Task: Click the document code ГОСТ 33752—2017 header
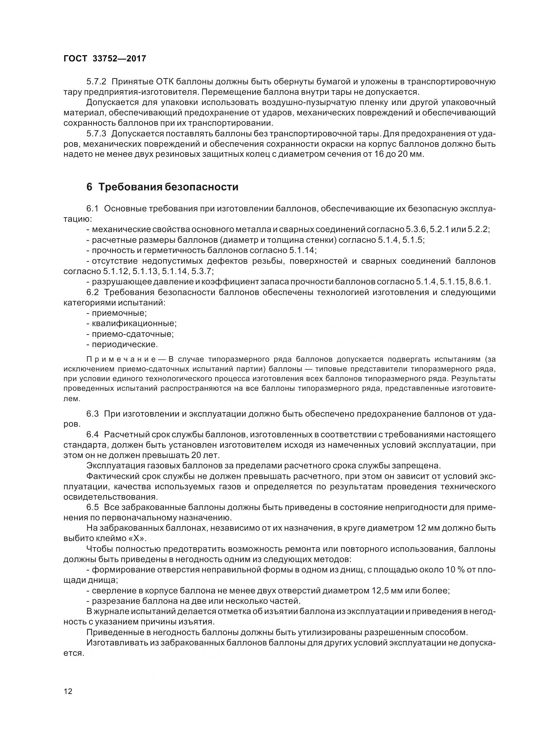coord(105,59)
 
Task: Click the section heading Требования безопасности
coord(168,187)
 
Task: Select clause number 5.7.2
coord(96,82)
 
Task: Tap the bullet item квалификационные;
coord(134,323)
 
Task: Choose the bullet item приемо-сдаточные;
coord(132,334)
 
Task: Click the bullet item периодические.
coord(125,345)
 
